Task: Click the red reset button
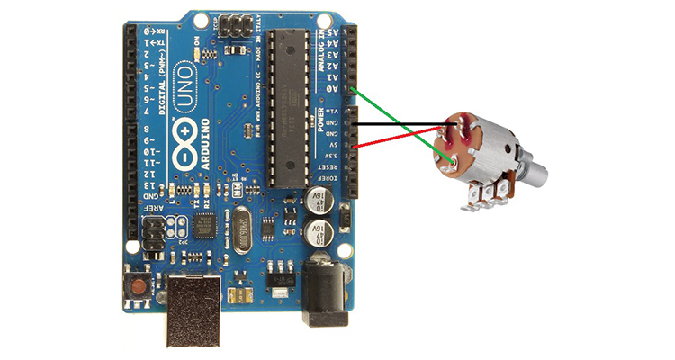point(139,288)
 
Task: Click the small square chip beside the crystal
point(206,224)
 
